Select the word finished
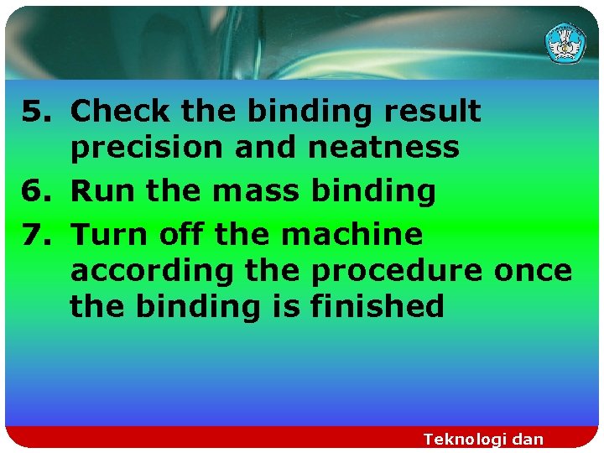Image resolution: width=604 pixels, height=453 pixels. click(377, 306)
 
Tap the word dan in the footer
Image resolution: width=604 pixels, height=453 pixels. click(527, 439)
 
